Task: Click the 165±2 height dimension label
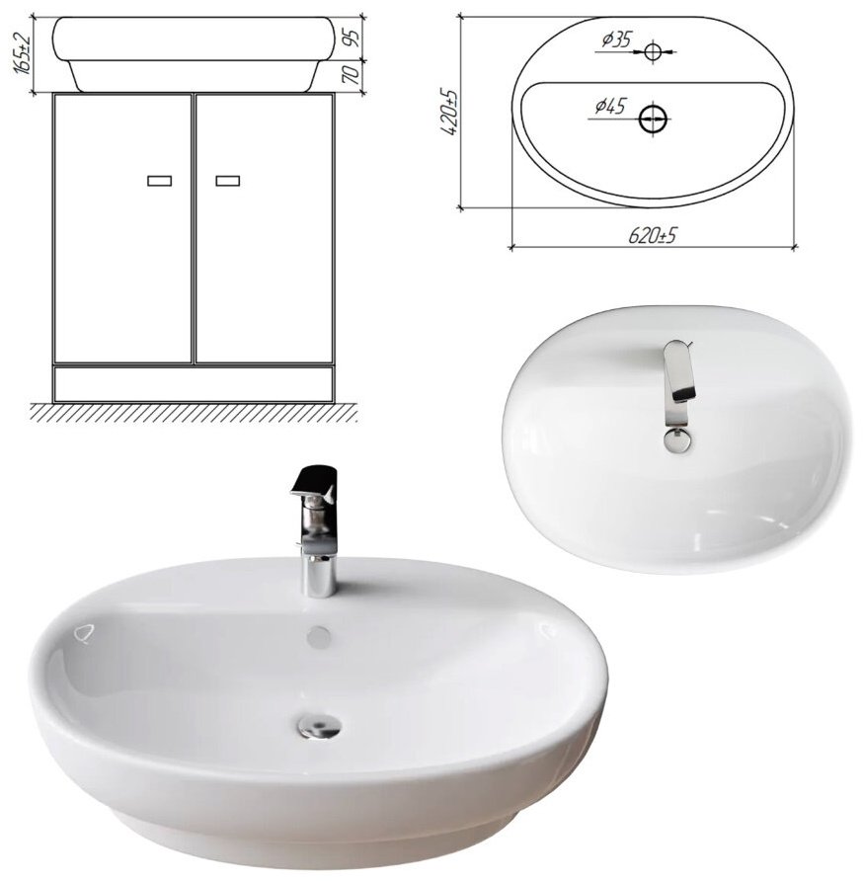pyautogui.click(x=22, y=53)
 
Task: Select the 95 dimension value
pyautogui.click(x=352, y=38)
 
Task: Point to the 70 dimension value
pyautogui.click(x=352, y=75)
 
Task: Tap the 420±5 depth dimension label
pyautogui.click(x=450, y=112)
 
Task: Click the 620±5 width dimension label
pyautogui.click(x=652, y=236)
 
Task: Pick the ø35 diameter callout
pyautogui.click(x=616, y=40)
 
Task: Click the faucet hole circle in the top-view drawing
pyautogui.click(x=653, y=51)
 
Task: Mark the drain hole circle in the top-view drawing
pyautogui.click(x=653, y=120)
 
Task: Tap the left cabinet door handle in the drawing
pyautogui.click(x=160, y=181)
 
